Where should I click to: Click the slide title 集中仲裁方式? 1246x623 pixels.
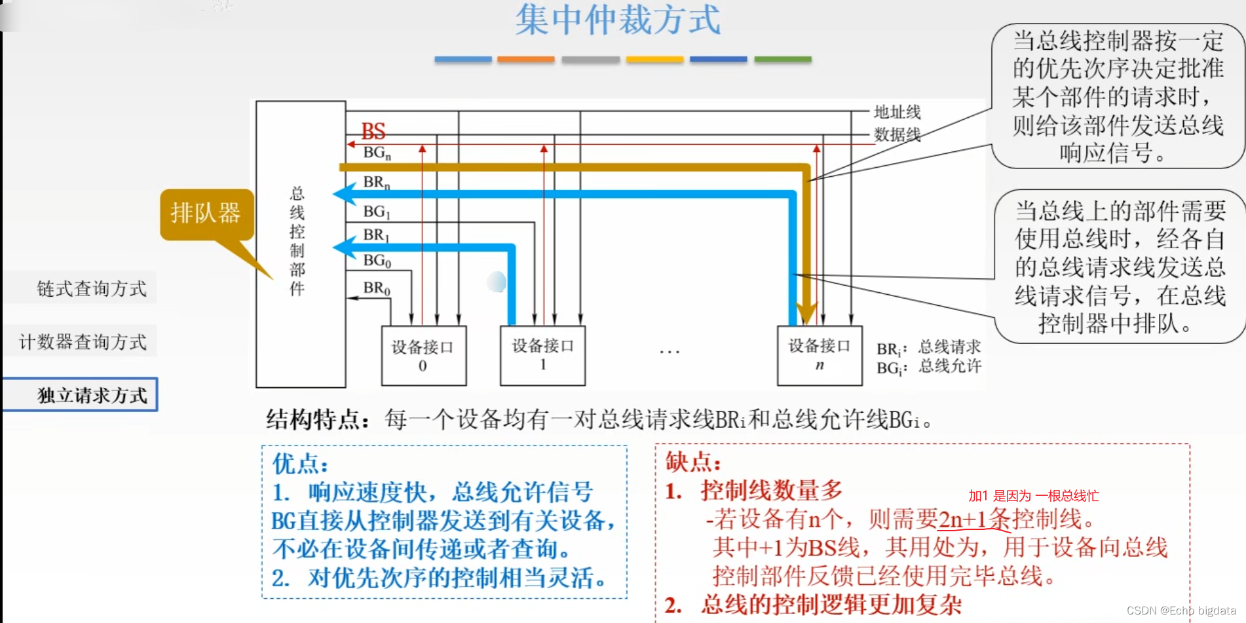(x=617, y=20)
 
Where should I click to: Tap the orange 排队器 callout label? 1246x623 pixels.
(x=206, y=213)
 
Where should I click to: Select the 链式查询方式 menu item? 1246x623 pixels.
(x=91, y=288)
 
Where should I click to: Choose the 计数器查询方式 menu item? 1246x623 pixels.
(x=83, y=341)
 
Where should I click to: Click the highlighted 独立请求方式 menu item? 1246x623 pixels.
(x=92, y=395)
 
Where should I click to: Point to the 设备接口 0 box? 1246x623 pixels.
(x=423, y=356)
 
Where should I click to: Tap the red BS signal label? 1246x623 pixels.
(x=373, y=131)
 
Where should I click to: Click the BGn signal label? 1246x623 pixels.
(x=377, y=153)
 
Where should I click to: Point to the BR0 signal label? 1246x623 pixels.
(x=377, y=288)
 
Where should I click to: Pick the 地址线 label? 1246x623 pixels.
(x=897, y=112)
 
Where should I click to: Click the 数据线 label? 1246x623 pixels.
(x=897, y=135)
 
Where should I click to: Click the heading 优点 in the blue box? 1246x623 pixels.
(x=299, y=464)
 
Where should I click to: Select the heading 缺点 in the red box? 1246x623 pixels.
(x=692, y=462)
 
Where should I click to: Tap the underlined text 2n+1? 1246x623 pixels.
(x=962, y=519)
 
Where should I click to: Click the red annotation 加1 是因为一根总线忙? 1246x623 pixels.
(x=1033, y=496)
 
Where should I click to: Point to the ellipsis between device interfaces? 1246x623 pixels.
(x=670, y=352)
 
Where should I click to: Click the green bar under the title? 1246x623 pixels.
(x=782, y=60)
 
